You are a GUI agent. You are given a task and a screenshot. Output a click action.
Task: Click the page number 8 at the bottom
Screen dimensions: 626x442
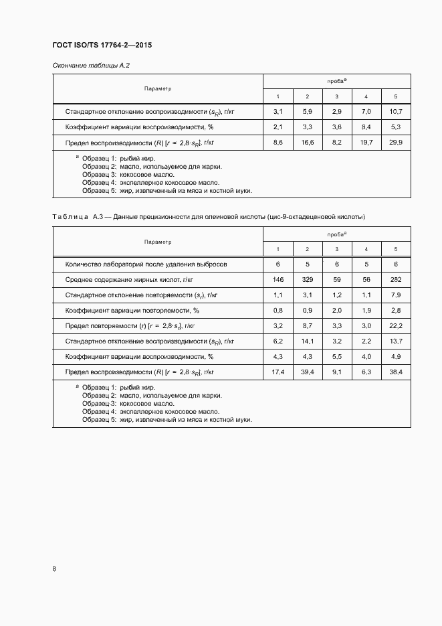click(54, 568)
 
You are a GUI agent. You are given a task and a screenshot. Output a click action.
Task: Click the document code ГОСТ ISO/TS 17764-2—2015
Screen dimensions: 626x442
click(97, 46)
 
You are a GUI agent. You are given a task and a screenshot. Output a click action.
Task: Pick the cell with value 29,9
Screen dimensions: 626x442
click(396, 143)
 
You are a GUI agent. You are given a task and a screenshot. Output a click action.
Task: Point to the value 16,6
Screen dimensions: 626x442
click(307, 143)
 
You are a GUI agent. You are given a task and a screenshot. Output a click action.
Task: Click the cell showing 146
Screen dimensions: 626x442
click(278, 280)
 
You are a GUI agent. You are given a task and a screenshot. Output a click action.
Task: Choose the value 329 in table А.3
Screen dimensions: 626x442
click(307, 280)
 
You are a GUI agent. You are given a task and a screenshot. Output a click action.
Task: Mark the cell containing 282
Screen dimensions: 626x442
click(396, 280)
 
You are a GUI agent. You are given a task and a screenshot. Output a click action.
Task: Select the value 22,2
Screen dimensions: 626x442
click(396, 326)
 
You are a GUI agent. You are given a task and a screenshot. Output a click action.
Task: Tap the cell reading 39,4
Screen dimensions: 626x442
click(307, 372)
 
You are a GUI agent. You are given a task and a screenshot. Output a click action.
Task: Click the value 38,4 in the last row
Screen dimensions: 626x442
click(396, 372)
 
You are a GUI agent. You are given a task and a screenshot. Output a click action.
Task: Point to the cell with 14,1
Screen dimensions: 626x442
click(307, 341)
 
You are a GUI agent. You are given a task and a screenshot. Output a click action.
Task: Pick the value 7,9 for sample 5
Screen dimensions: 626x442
click(396, 295)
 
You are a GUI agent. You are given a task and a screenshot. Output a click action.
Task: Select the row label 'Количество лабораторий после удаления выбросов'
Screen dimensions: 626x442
click(146, 264)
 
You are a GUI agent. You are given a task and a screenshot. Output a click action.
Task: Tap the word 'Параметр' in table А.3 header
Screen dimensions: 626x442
click(158, 242)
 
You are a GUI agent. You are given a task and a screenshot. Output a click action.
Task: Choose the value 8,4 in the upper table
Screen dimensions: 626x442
click(366, 127)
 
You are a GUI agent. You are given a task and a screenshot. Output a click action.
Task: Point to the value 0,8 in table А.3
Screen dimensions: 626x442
click(278, 311)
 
